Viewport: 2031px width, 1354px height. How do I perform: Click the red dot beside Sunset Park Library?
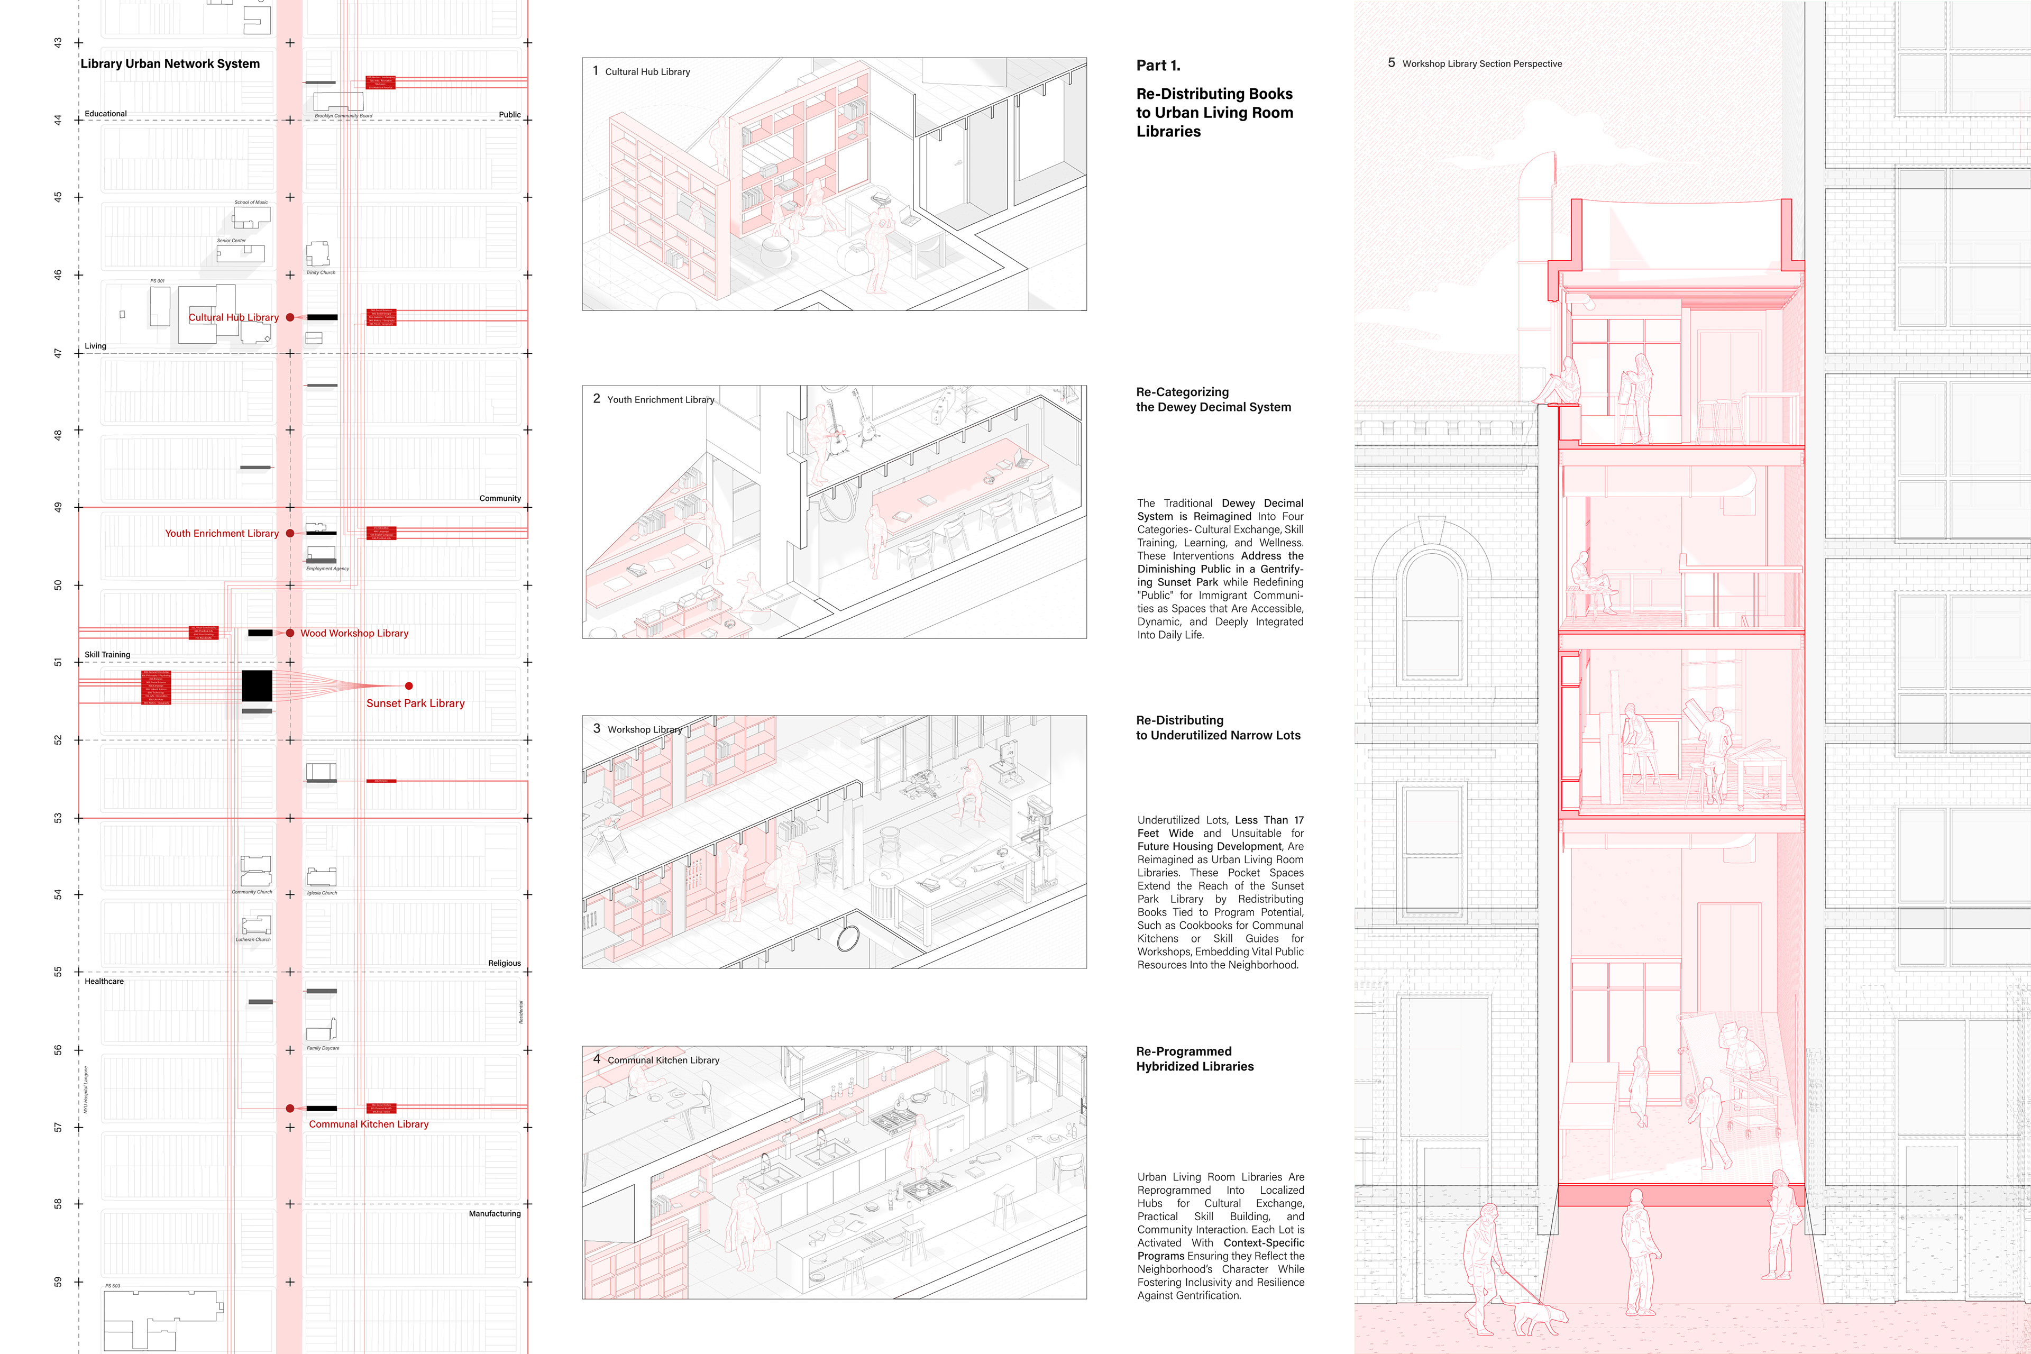point(408,685)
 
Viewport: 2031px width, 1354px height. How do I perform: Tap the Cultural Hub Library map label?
point(233,318)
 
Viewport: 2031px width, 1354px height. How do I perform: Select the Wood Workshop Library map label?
point(354,633)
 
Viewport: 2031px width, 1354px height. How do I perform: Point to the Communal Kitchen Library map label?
point(369,1124)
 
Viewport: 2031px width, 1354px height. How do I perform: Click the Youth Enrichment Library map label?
point(222,534)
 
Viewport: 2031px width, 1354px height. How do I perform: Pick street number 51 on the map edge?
point(58,662)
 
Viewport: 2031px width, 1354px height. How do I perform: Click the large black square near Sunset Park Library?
point(257,685)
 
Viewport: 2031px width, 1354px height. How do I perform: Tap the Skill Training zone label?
point(107,655)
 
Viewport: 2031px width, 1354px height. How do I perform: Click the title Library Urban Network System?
point(170,64)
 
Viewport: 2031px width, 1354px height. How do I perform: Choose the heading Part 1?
point(1158,66)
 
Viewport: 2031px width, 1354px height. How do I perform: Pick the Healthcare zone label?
point(104,982)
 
